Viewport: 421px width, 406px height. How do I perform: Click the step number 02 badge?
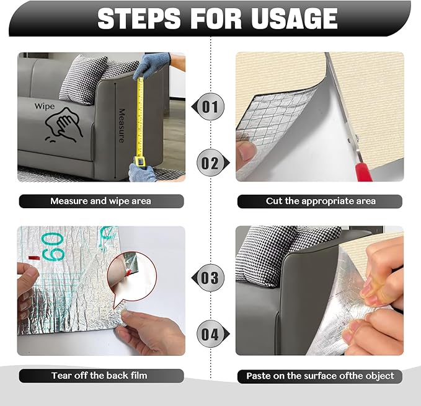(210, 164)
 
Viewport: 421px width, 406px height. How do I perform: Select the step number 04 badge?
(210, 335)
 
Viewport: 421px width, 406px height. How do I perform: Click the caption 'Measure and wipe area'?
(100, 201)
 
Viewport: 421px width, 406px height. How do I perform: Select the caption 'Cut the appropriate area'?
(321, 201)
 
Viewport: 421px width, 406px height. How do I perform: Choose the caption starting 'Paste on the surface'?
(320, 376)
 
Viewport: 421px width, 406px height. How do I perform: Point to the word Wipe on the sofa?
(45, 106)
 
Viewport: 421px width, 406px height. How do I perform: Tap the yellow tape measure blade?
(140, 118)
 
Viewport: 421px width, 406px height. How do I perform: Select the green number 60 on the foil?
(51, 246)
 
